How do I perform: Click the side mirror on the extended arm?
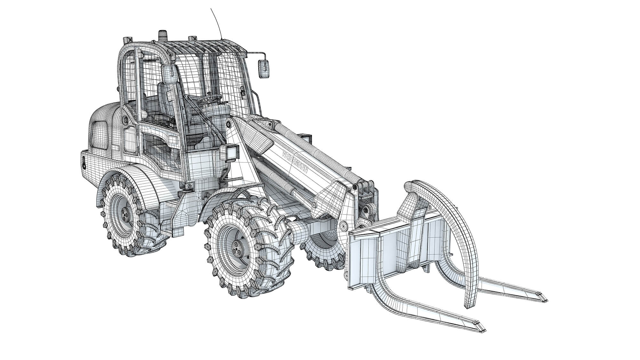click(x=264, y=68)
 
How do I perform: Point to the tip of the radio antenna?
click(x=211, y=9)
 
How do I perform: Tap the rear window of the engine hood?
click(x=100, y=135)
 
